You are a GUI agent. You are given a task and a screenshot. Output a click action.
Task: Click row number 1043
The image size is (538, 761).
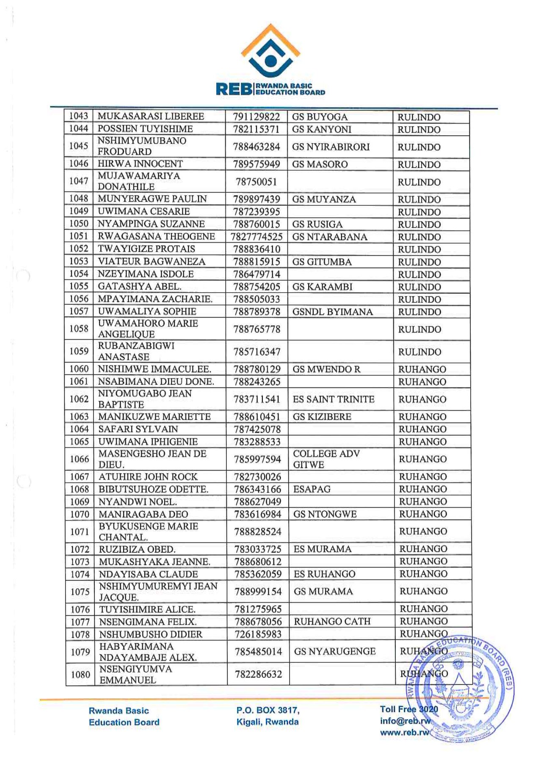79,116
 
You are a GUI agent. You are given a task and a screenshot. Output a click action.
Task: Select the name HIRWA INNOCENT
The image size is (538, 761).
140,164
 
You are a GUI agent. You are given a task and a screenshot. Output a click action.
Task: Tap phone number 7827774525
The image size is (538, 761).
257,237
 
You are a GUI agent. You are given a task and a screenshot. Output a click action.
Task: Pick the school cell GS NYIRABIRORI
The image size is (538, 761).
331,147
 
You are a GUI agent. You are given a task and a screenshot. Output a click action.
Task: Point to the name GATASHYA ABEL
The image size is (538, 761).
139,287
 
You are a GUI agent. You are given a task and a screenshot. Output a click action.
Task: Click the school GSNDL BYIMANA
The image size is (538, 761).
332,312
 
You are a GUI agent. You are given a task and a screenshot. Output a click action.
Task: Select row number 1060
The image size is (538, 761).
79,369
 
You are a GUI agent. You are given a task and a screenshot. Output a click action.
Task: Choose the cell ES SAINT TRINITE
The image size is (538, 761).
334,399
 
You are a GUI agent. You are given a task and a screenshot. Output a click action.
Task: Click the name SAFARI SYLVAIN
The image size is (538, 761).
138,429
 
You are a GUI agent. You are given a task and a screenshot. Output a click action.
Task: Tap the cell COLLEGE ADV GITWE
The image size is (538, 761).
326,459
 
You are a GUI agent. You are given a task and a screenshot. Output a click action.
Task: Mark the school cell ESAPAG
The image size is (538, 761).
312,490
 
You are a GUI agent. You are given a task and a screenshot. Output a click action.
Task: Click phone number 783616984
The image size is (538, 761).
258,515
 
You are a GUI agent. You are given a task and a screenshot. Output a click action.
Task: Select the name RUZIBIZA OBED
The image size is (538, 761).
137,550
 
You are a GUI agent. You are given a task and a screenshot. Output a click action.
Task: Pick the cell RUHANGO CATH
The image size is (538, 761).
332,622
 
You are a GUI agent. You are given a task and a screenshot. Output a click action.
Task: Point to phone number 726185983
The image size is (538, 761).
258,634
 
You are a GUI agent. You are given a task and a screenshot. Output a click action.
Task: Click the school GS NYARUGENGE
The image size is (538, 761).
335,652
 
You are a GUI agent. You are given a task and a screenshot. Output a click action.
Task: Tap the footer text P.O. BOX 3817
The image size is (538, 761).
268,710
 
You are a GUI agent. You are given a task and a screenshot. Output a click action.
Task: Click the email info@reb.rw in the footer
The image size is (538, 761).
405,721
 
